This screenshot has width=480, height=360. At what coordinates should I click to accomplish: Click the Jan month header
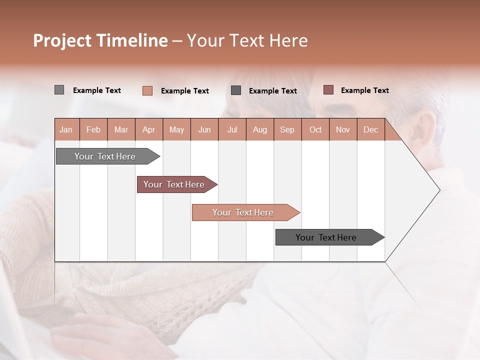point(66,129)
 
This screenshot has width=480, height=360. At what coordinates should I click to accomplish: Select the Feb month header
point(93,129)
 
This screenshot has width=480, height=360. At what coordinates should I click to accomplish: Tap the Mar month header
point(121,129)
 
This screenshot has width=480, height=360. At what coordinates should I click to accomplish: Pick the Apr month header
point(149,129)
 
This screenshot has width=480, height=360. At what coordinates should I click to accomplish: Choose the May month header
point(176,129)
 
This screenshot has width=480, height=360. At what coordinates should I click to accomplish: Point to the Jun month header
point(204,129)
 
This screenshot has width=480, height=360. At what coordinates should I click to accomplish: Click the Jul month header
point(232,129)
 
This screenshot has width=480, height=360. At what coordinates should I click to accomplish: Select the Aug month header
point(260,129)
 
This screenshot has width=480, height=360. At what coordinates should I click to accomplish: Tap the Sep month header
point(287,129)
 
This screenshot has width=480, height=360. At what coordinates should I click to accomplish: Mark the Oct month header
point(315,129)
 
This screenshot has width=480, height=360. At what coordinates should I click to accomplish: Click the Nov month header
point(343,129)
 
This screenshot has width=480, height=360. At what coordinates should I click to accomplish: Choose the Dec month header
point(370,129)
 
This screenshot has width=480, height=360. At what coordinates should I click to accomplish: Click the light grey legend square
point(59,90)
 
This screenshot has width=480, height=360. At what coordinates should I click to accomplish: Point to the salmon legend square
point(147,90)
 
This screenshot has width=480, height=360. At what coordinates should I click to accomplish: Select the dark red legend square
point(328,90)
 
